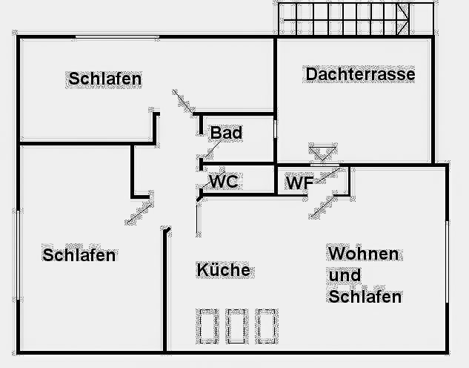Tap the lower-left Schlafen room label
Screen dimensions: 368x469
point(79,255)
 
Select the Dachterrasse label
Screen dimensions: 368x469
point(359,74)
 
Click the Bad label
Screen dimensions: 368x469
point(226,133)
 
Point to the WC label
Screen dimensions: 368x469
point(224,182)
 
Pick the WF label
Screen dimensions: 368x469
point(299,183)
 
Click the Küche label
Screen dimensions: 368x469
point(223,270)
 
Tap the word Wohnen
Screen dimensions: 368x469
point(363,254)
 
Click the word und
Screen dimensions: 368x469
point(344,275)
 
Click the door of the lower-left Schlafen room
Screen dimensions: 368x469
point(139,210)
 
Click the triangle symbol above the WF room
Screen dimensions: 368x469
point(322,154)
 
